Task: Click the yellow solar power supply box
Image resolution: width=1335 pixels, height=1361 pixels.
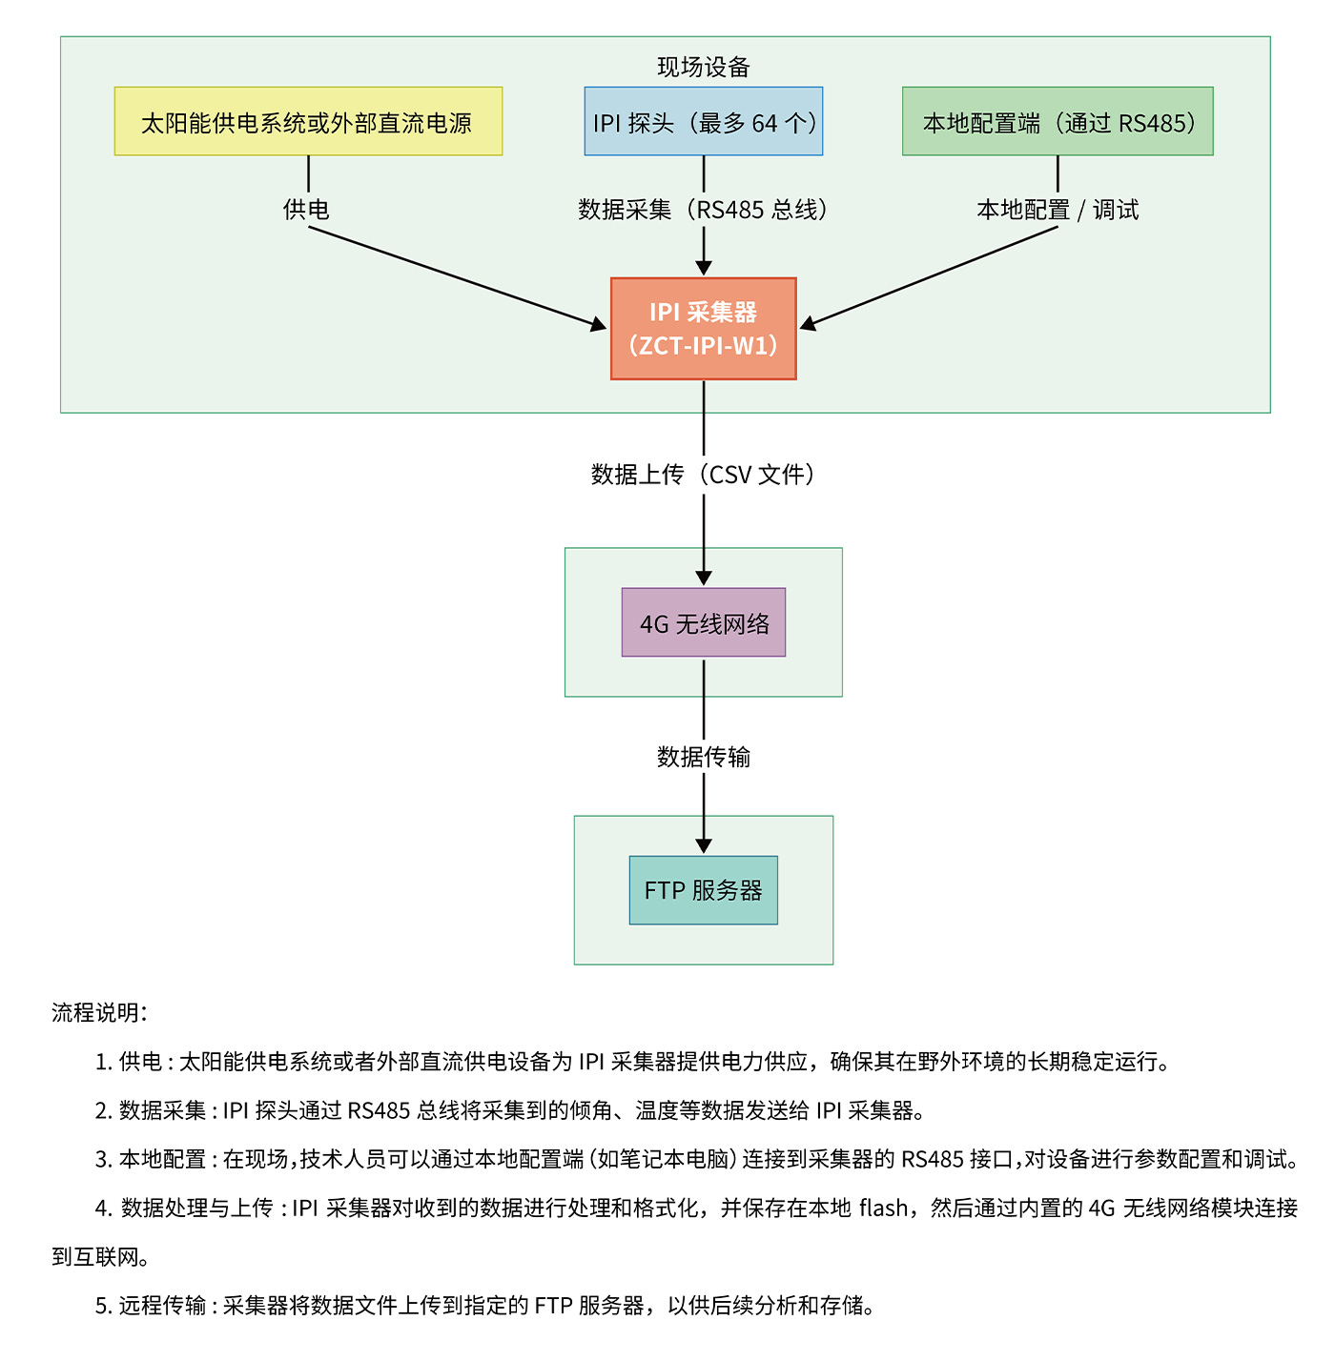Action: (x=308, y=121)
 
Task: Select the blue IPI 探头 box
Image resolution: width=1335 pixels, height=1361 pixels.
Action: (x=703, y=121)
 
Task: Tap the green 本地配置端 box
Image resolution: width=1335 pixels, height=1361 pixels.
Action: (x=1058, y=121)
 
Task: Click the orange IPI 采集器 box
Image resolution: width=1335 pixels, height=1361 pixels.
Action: (x=703, y=329)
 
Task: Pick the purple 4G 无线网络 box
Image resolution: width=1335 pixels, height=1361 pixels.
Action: (x=703, y=622)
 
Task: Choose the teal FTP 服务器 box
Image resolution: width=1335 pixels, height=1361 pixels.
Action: (x=703, y=890)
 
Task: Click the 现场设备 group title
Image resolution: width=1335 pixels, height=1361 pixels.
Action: (x=703, y=67)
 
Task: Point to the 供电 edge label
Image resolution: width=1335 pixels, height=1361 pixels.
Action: (x=306, y=209)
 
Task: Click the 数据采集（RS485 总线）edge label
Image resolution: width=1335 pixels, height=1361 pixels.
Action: (x=703, y=209)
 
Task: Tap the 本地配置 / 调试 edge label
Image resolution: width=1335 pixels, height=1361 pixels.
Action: (x=1057, y=209)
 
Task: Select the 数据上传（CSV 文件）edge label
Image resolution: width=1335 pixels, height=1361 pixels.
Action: (x=703, y=474)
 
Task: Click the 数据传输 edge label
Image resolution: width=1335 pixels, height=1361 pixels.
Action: (x=703, y=757)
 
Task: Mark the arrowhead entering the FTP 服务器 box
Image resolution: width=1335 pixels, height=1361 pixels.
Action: (x=704, y=846)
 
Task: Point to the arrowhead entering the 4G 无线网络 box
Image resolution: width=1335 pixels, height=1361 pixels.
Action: (x=704, y=578)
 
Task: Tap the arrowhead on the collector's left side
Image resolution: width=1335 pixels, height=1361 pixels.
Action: (x=599, y=325)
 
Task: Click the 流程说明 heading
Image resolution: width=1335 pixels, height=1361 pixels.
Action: (x=99, y=1012)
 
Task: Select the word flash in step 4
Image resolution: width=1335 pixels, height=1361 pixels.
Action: (x=883, y=1209)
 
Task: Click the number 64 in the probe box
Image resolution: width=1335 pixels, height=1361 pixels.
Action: (x=765, y=123)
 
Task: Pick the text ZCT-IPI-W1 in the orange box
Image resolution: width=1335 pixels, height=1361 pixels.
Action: (x=703, y=346)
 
